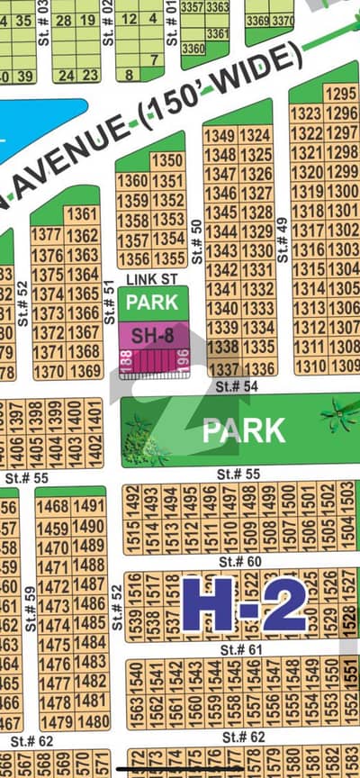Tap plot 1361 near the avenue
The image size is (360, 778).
82,213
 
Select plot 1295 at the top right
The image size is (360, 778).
341,94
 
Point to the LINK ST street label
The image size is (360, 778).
147,279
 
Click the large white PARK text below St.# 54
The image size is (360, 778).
244,430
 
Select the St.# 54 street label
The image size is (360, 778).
237,385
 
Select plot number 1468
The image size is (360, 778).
53,506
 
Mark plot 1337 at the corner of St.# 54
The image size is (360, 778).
222,369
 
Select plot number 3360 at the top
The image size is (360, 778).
193,49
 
